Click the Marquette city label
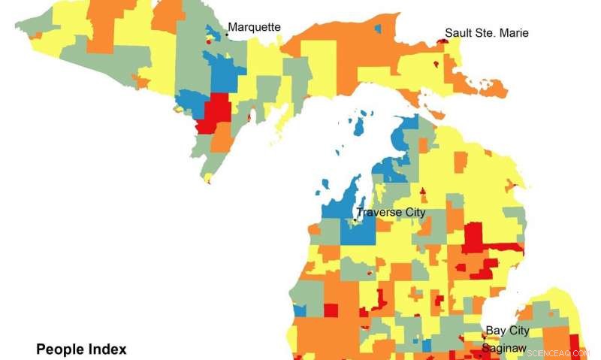254,28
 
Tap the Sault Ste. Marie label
486,33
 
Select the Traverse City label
391,213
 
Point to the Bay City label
507,331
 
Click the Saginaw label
504,348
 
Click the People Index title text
81,349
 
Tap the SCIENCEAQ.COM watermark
559,352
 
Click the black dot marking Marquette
227,35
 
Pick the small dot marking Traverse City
355,219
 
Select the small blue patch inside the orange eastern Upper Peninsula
377,29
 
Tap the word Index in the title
107,349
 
